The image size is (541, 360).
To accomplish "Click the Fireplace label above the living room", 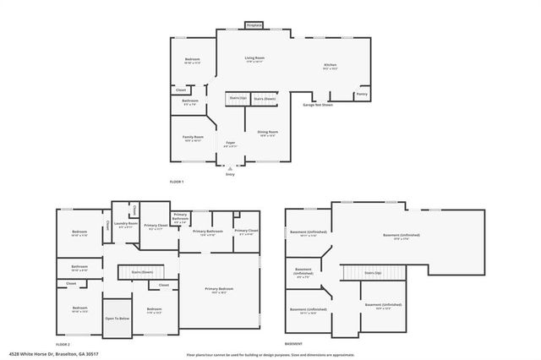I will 254,25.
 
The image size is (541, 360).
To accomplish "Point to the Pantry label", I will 362,95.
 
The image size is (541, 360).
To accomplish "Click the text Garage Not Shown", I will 318,105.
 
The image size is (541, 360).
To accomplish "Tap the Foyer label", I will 230,144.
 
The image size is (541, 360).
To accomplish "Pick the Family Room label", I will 193,138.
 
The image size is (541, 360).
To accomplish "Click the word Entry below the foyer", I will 230,174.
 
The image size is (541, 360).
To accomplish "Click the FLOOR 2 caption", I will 63,345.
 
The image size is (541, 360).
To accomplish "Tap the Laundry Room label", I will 126,225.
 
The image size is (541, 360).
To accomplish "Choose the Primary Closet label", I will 155,226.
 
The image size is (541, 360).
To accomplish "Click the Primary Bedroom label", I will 219,290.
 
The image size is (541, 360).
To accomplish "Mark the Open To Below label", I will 117,319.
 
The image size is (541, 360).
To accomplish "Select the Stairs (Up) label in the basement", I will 373,273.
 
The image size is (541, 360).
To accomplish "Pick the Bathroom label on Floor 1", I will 190,102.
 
